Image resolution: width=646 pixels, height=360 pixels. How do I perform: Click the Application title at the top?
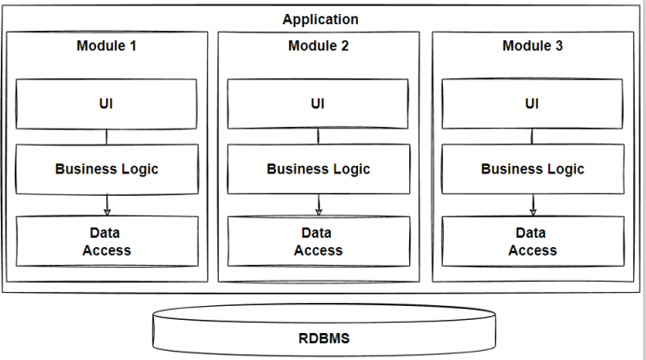[x=320, y=19]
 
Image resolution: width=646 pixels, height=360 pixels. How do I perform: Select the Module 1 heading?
[x=106, y=46]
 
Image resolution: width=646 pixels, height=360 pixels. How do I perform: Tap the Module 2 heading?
[x=318, y=46]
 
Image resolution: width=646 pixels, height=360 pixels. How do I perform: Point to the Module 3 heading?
[x=532, y=46]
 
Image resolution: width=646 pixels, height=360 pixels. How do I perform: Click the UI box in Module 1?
[x=106, y=104]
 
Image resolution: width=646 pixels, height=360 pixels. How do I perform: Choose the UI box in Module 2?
[x=318, y=104]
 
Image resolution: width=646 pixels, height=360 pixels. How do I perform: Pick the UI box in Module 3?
[x=532, y=104]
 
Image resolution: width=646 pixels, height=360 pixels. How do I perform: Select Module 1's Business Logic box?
[x=106, y=169]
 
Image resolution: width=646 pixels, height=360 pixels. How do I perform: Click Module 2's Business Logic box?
[x=318, y=169]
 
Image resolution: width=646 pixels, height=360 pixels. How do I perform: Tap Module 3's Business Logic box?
[x=532, y=169]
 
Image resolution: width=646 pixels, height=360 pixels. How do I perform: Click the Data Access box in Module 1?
[x=106, y=241]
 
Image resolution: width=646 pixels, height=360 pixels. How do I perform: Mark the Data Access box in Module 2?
[x=318, y=241]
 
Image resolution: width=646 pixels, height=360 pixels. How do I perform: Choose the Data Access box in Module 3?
[x=532, y=241]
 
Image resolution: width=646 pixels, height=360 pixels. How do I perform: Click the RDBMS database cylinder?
[x=323, y=336]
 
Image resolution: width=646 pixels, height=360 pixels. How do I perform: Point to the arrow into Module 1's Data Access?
[x=106, y=204]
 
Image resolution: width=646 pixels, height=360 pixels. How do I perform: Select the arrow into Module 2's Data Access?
[x=319, y=204]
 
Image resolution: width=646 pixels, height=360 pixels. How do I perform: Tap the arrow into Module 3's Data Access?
[x=533, y=204]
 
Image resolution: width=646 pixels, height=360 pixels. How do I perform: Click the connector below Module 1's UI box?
[x=106, y=137]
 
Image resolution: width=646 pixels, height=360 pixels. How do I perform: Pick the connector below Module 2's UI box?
[x=318, y=137]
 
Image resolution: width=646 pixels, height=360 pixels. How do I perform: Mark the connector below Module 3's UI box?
[x=532, y=137]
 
